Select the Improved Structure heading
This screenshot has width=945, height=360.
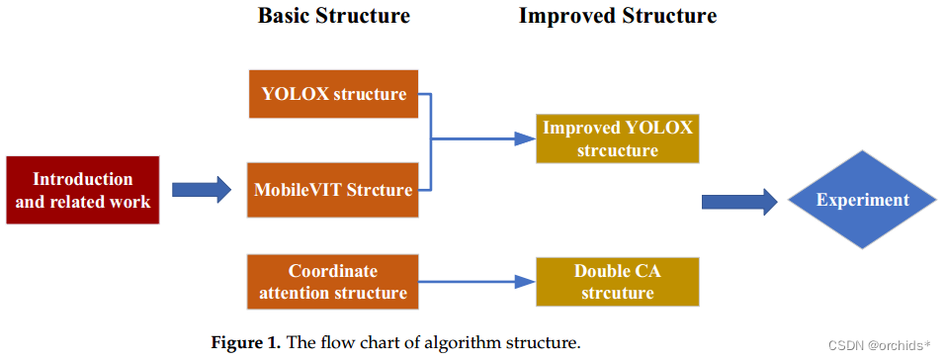(618, 16)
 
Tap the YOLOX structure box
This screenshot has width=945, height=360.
(333, 95)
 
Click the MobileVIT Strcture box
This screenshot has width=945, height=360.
(333, 190)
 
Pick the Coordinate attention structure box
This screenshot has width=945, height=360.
(333, 281)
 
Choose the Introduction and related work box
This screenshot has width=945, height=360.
(83, 190)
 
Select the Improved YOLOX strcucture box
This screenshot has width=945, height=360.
(618, 139)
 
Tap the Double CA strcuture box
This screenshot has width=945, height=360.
(618, 281)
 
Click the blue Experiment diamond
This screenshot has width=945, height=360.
(862, 201)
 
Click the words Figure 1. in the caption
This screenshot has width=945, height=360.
(246, 343)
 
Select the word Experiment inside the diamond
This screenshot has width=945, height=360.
(862, 201)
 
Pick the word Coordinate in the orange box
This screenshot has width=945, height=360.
(333, 271)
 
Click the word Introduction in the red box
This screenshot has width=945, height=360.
(83, 179)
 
